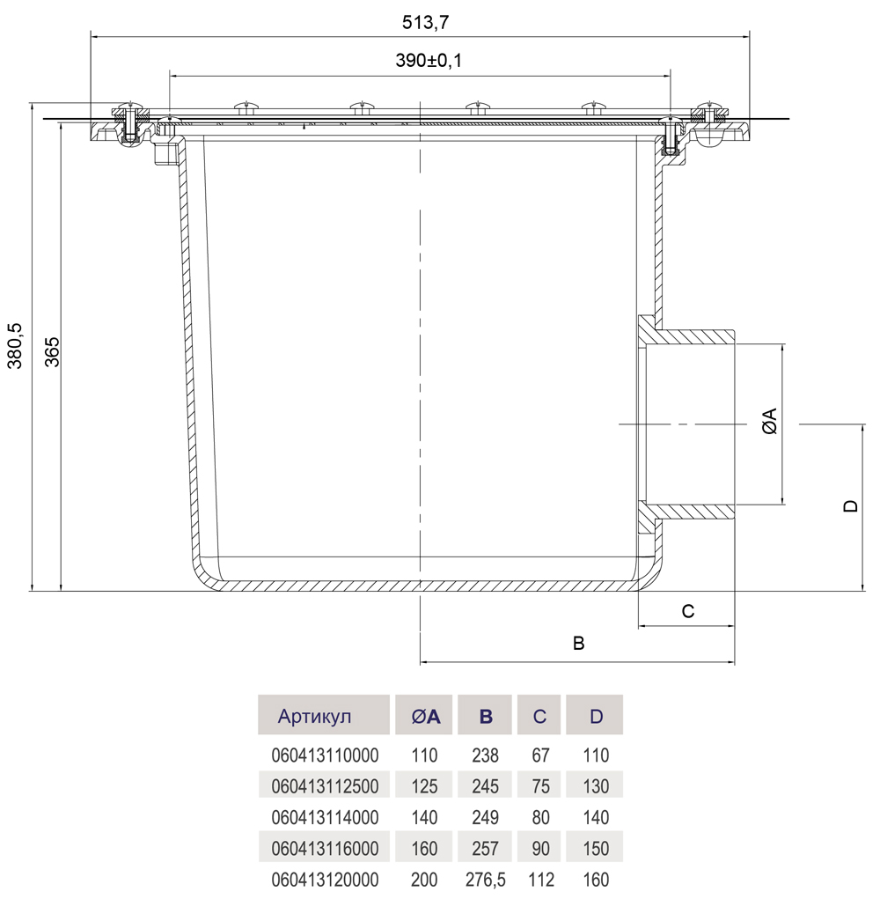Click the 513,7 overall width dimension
tap(426, 22)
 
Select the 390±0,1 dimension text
tap(429, 60)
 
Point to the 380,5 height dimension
tap(15, 346)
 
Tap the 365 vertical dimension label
tap(52, 352)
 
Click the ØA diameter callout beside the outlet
tap(770, 421)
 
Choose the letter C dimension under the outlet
tap(688, 611)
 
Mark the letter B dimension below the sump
tap(579, 644)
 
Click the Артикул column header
tap(314, 716)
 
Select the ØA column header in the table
tap(426, 716)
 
